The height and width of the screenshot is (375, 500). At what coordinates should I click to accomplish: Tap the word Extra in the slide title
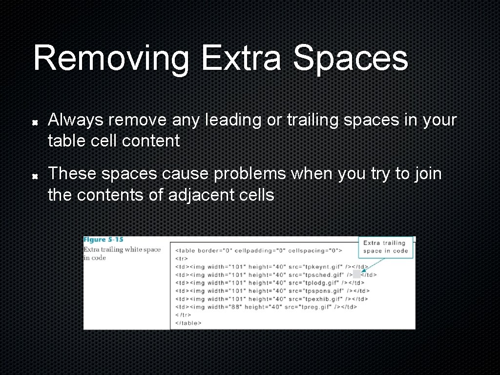241,59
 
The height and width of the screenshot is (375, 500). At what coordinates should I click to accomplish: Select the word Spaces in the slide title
350,59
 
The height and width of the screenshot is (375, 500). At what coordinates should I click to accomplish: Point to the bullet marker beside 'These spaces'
35,175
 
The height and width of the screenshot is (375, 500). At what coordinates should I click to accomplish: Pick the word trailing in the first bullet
313,120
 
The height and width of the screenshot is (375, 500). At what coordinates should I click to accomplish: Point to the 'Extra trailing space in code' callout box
385,247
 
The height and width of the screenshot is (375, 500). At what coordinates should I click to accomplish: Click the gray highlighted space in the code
356,274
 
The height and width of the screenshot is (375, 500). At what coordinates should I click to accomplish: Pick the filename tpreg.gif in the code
311,307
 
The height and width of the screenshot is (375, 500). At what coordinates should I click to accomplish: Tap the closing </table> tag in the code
188,323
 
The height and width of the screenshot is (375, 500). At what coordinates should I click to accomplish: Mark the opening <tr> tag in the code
181,258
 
